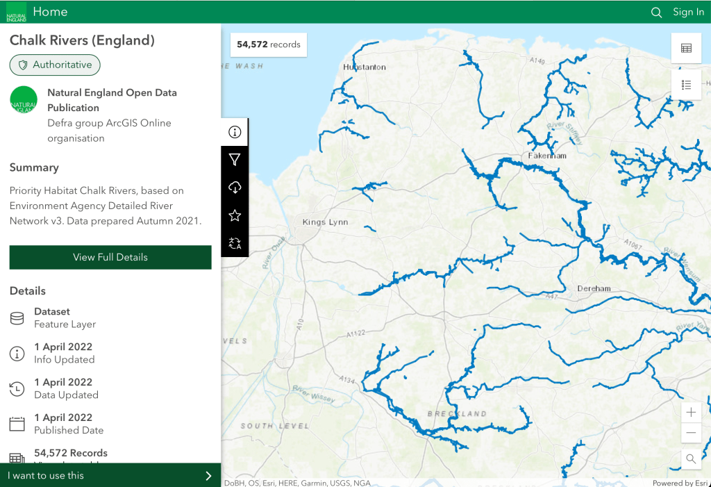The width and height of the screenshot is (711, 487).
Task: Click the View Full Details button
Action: click(x=110, y=257)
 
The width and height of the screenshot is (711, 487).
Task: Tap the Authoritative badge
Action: click(x=55, y=65)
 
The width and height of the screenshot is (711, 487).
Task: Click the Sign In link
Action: click(x=688, y=12)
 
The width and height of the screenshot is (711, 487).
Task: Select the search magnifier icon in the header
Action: click(x=656, y=12)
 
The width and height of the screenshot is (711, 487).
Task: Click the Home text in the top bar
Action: click(x=50, y=12)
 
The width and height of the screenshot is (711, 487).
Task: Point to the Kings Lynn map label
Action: click(x=325, y=222)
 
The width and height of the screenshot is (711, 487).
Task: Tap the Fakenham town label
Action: click(x=547, y=156)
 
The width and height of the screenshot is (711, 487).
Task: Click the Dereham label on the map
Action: click(x=594, y=288)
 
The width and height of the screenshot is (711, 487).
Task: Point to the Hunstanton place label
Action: click(x=365, y=67)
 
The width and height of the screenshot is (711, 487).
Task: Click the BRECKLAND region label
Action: click(x=457, y=414)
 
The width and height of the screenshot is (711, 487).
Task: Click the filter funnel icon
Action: click(x=235, y=160)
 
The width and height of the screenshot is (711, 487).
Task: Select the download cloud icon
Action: click(x=235, y=188)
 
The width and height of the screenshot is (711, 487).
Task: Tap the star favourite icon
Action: click(x=235, y=215)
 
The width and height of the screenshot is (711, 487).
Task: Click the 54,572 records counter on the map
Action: click(x=269, y=44)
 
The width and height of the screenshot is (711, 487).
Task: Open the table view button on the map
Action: click(x=686, y=48)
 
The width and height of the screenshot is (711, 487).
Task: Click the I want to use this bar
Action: click(x=110, y=475)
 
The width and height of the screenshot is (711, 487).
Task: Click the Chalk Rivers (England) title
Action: click(x=82, y=40)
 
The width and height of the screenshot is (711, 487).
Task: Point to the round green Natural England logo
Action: click(x=24, y=100)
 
